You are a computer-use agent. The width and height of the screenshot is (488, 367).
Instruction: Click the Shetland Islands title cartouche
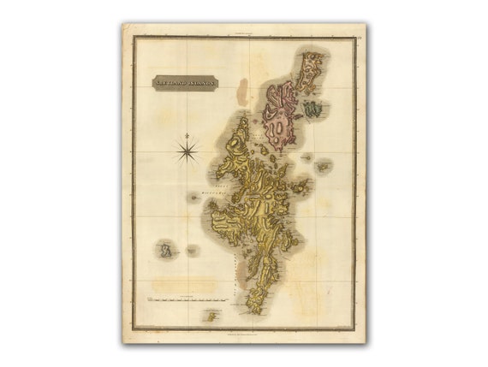coord(185,82)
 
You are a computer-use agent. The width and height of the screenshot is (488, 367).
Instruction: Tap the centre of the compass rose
coord(187,151)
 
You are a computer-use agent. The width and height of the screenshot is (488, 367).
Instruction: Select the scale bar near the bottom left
coord(187,300)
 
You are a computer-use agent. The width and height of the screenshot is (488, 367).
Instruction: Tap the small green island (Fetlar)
coord(312,109)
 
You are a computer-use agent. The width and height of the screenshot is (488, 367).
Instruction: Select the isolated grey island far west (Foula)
coord(166,251)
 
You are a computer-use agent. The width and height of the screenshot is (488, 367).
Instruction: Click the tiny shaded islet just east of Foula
coord(191,250)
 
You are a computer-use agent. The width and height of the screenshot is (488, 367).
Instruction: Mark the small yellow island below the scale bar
coord(211,317)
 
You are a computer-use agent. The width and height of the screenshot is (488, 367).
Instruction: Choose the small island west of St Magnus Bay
coord(194,198)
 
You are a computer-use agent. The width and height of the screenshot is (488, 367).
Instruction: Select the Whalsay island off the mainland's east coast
coord(299,186)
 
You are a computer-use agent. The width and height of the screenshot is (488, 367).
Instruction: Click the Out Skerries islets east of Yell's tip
coord(323,167)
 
